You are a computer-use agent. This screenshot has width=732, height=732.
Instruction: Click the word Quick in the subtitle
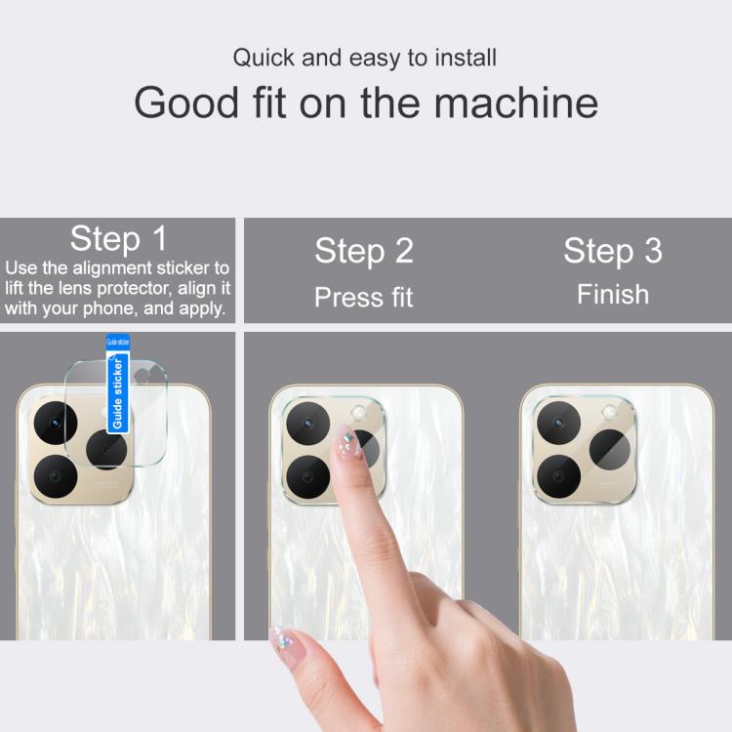(264, 59)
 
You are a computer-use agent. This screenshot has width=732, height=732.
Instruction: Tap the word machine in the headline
(516, 102)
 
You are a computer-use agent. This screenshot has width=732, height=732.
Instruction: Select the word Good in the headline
(186, 102)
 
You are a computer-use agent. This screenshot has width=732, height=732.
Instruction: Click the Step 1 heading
(118, 239)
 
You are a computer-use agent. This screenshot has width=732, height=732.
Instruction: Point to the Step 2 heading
(364, 251)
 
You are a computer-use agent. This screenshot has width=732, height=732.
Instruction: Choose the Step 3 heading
(613, 251)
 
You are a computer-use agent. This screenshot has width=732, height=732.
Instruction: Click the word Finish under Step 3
(613, 295)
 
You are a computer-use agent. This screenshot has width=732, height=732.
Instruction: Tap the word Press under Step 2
(348, 297)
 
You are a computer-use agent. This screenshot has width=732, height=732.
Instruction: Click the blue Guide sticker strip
(118, 384)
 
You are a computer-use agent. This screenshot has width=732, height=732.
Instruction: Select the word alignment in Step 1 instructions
(112, 268)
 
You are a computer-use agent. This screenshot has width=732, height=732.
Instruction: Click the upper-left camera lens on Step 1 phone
(56, 423)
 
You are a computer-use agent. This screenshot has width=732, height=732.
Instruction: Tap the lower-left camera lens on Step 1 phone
(56, 476)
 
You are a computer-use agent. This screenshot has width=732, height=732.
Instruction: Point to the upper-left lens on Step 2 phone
(308, 424)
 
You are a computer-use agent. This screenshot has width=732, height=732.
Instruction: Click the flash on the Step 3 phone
(609, 413)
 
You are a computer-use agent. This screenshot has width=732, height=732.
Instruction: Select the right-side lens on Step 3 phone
(610, 450)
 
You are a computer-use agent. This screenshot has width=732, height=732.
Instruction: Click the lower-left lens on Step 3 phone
(559, 476)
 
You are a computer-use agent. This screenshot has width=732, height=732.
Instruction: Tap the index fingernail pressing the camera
(347, 442)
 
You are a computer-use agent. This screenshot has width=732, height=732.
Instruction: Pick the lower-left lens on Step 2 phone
(308, 477)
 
